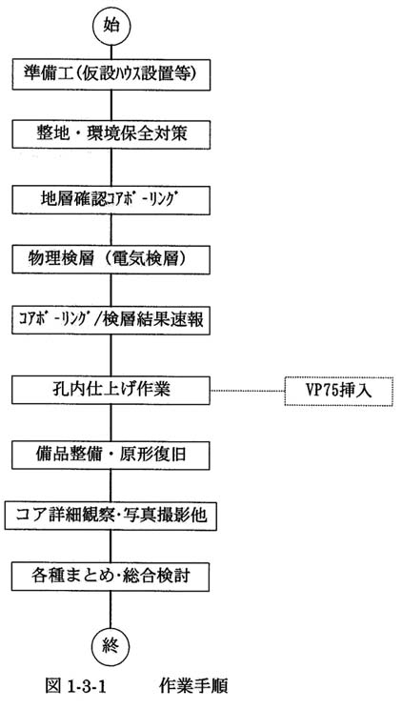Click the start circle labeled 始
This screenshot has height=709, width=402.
111,26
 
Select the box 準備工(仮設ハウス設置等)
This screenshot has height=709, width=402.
111,75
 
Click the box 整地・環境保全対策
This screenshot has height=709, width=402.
111,134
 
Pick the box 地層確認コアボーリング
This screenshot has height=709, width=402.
111,199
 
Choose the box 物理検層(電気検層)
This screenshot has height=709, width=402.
111,259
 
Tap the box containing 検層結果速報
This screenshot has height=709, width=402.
111,320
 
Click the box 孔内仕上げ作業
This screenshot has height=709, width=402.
111,390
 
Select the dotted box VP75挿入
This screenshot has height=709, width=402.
339,391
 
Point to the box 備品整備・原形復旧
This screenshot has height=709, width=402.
111,455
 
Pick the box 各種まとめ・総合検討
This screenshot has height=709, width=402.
111,577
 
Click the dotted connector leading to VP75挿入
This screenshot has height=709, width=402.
248,390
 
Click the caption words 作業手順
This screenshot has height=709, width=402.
193,686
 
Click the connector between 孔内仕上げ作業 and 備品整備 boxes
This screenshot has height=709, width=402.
111,422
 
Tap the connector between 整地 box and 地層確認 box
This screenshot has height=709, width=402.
111,168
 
